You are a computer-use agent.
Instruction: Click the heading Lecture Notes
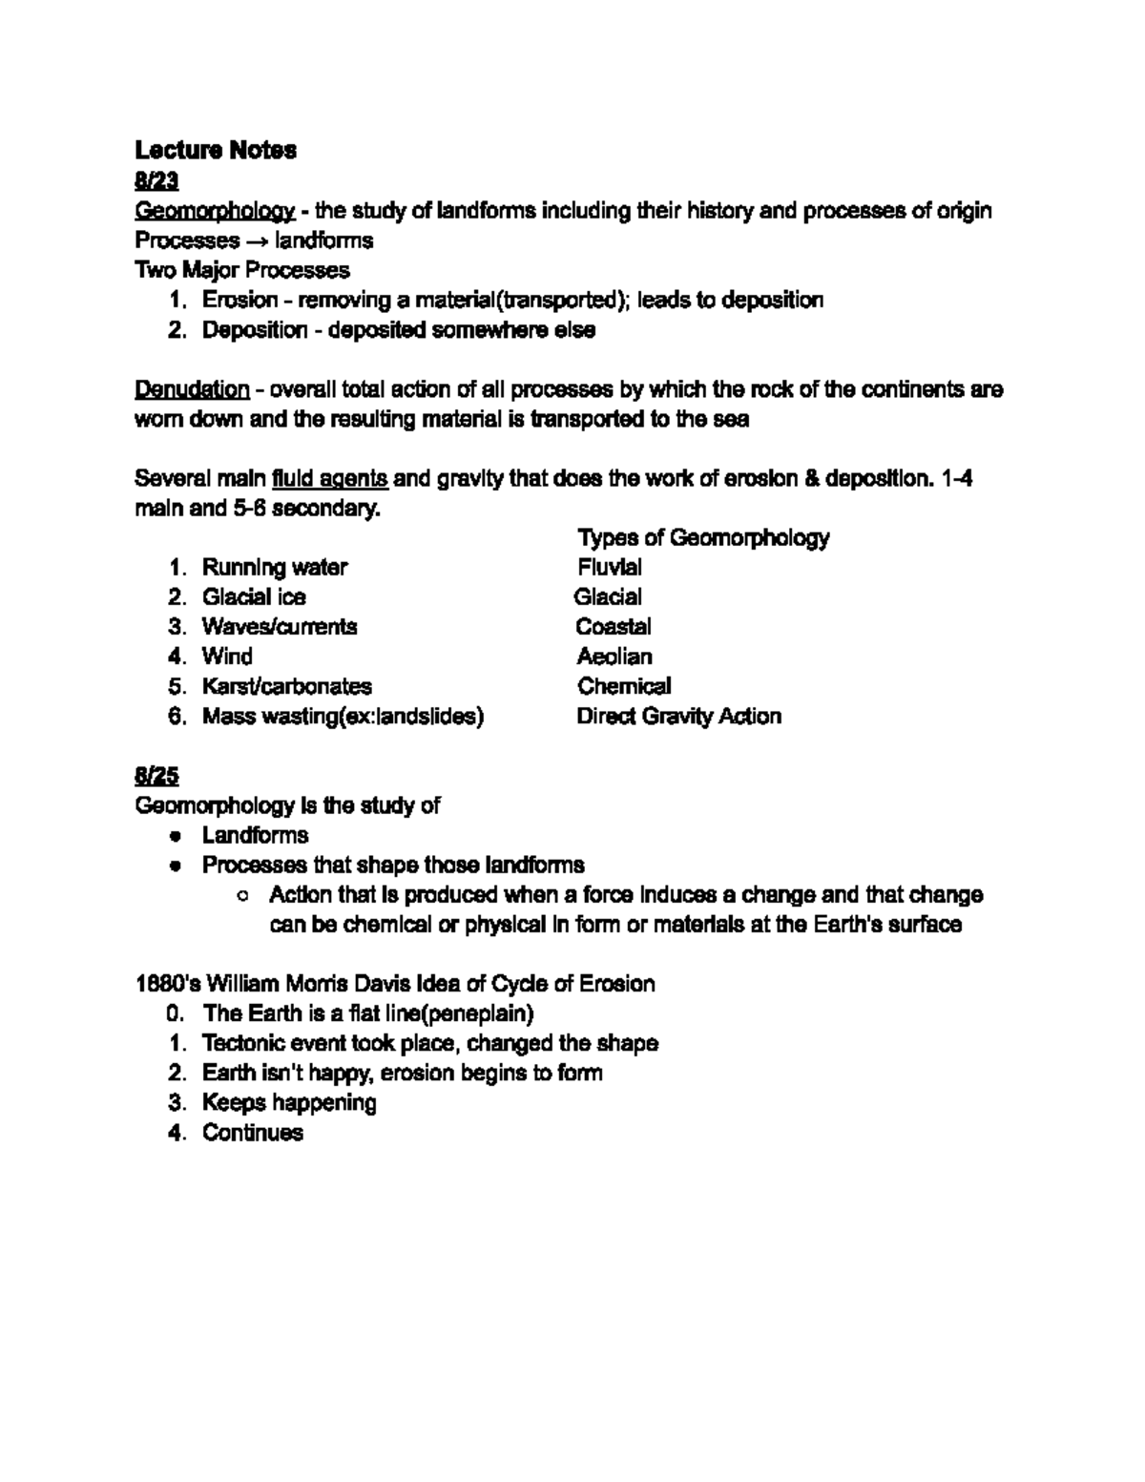click(216, 150)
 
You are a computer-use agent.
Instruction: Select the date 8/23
click(156, 180)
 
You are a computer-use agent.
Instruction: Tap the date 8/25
click(156, 776)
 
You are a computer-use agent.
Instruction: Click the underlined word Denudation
click(192, 389)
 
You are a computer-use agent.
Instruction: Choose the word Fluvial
click(610, 567)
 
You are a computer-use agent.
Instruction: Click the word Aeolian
click(614, 657)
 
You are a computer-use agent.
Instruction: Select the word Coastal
click(614, 627)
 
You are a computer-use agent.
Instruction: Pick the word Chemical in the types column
click(624, 686)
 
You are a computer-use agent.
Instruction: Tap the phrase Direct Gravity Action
click(678, 716)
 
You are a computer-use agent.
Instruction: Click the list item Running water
click(275, 567)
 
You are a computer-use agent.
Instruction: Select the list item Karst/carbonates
click(286, 686)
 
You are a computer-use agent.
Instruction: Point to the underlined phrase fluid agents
click(329, 478)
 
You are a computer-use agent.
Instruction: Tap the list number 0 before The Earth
click(174, 1012)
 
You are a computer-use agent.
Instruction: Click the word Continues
click(253, 1133)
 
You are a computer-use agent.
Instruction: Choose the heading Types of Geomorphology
click(703, 537)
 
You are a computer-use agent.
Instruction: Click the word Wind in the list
click(227, 657)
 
